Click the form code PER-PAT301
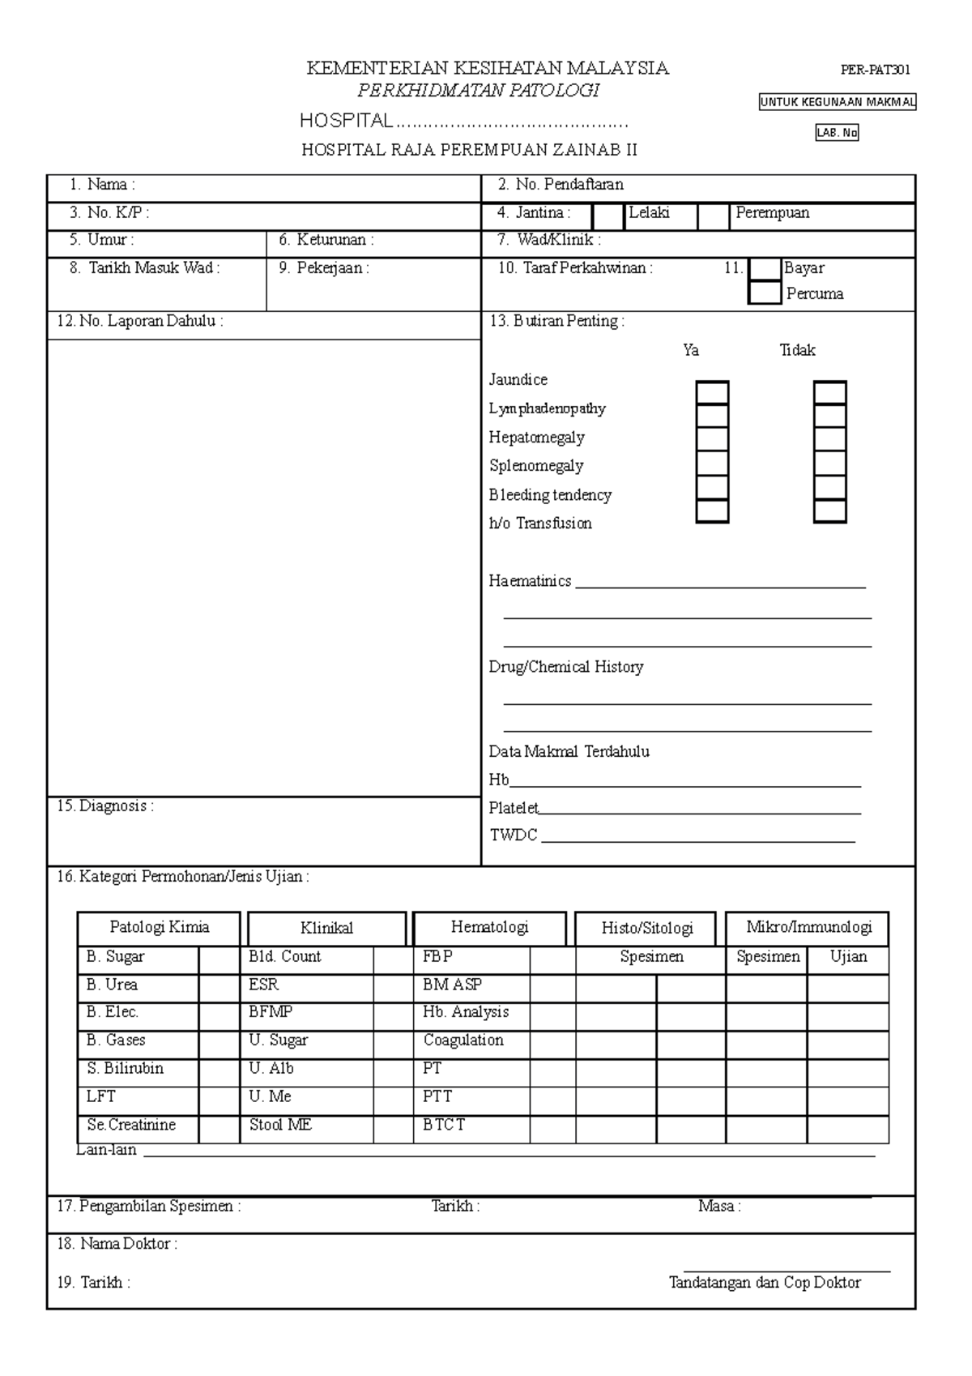[x=875, y=70]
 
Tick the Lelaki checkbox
[x=608, y=217]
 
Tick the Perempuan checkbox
[x=714, y=217]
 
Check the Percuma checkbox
[x=765, y=293]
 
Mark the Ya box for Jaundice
[x=712, y=393]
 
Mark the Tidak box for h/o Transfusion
[x=830, y=511]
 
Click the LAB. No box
[x=837, y=133]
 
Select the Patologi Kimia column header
[x=159, y=928]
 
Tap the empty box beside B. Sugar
[x=219, y=960]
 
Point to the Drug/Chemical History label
[x=565, y=667]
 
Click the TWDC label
[x=514, y=835]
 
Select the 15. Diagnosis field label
[x=104, y=806]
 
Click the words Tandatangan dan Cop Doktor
[x=764, y=1283]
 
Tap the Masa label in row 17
[x=718, y=1207]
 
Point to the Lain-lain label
[x=107, y=1150]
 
